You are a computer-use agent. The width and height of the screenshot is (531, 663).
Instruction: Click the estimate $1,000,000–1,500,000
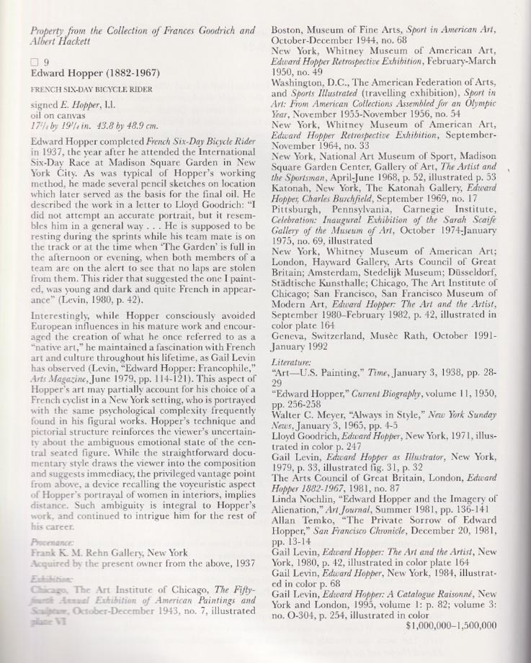tap(451, 626)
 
